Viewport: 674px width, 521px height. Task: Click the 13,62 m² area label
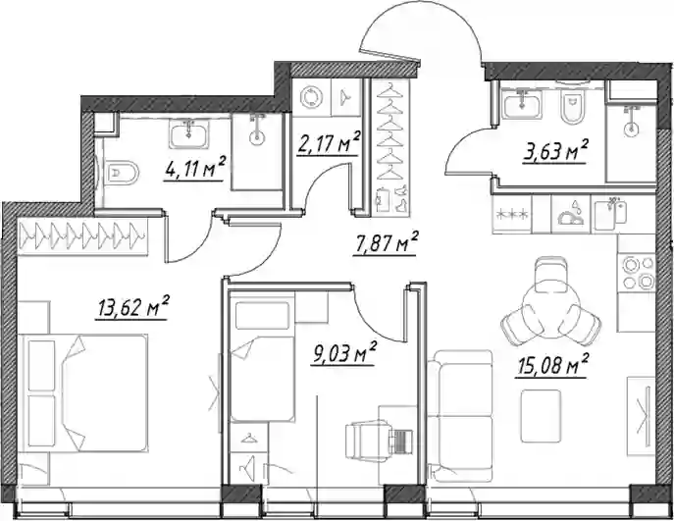click(132, 307)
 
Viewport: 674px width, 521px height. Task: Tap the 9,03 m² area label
click(343, 354)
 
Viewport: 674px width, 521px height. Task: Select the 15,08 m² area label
click(552, 367)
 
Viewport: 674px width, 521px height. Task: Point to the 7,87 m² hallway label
click(385, 244)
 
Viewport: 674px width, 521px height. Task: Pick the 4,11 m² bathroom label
click(194, 170)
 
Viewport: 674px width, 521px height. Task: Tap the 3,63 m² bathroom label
click(554, 152)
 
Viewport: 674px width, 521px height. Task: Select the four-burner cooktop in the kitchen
click(637, 272)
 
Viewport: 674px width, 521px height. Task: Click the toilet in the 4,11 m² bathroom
click(123, 173)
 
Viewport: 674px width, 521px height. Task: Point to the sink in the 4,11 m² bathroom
click(189, 133)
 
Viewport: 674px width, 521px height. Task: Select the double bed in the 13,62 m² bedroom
click(87, 392)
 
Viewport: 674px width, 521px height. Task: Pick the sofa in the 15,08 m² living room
click(460, 415)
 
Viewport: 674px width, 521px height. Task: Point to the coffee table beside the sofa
click(541, 416)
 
